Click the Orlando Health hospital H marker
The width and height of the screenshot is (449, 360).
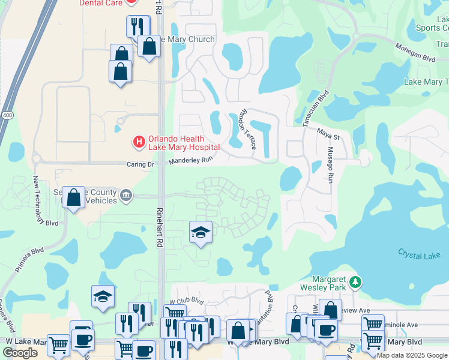(139, 142)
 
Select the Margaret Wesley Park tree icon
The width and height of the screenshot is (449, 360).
(355, 281)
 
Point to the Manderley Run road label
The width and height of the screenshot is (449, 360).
(191, 160)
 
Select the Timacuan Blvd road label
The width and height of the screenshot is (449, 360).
(316, 108)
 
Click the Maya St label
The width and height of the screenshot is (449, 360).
(330, 137)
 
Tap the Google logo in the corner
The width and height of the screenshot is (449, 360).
(20, 353)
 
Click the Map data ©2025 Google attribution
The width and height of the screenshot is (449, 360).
(412, 356)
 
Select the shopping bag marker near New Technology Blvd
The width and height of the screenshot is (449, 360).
(73, 197)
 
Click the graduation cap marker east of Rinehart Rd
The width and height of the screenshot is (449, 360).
(200, 232)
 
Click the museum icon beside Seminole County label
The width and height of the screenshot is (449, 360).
(126, 194)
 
